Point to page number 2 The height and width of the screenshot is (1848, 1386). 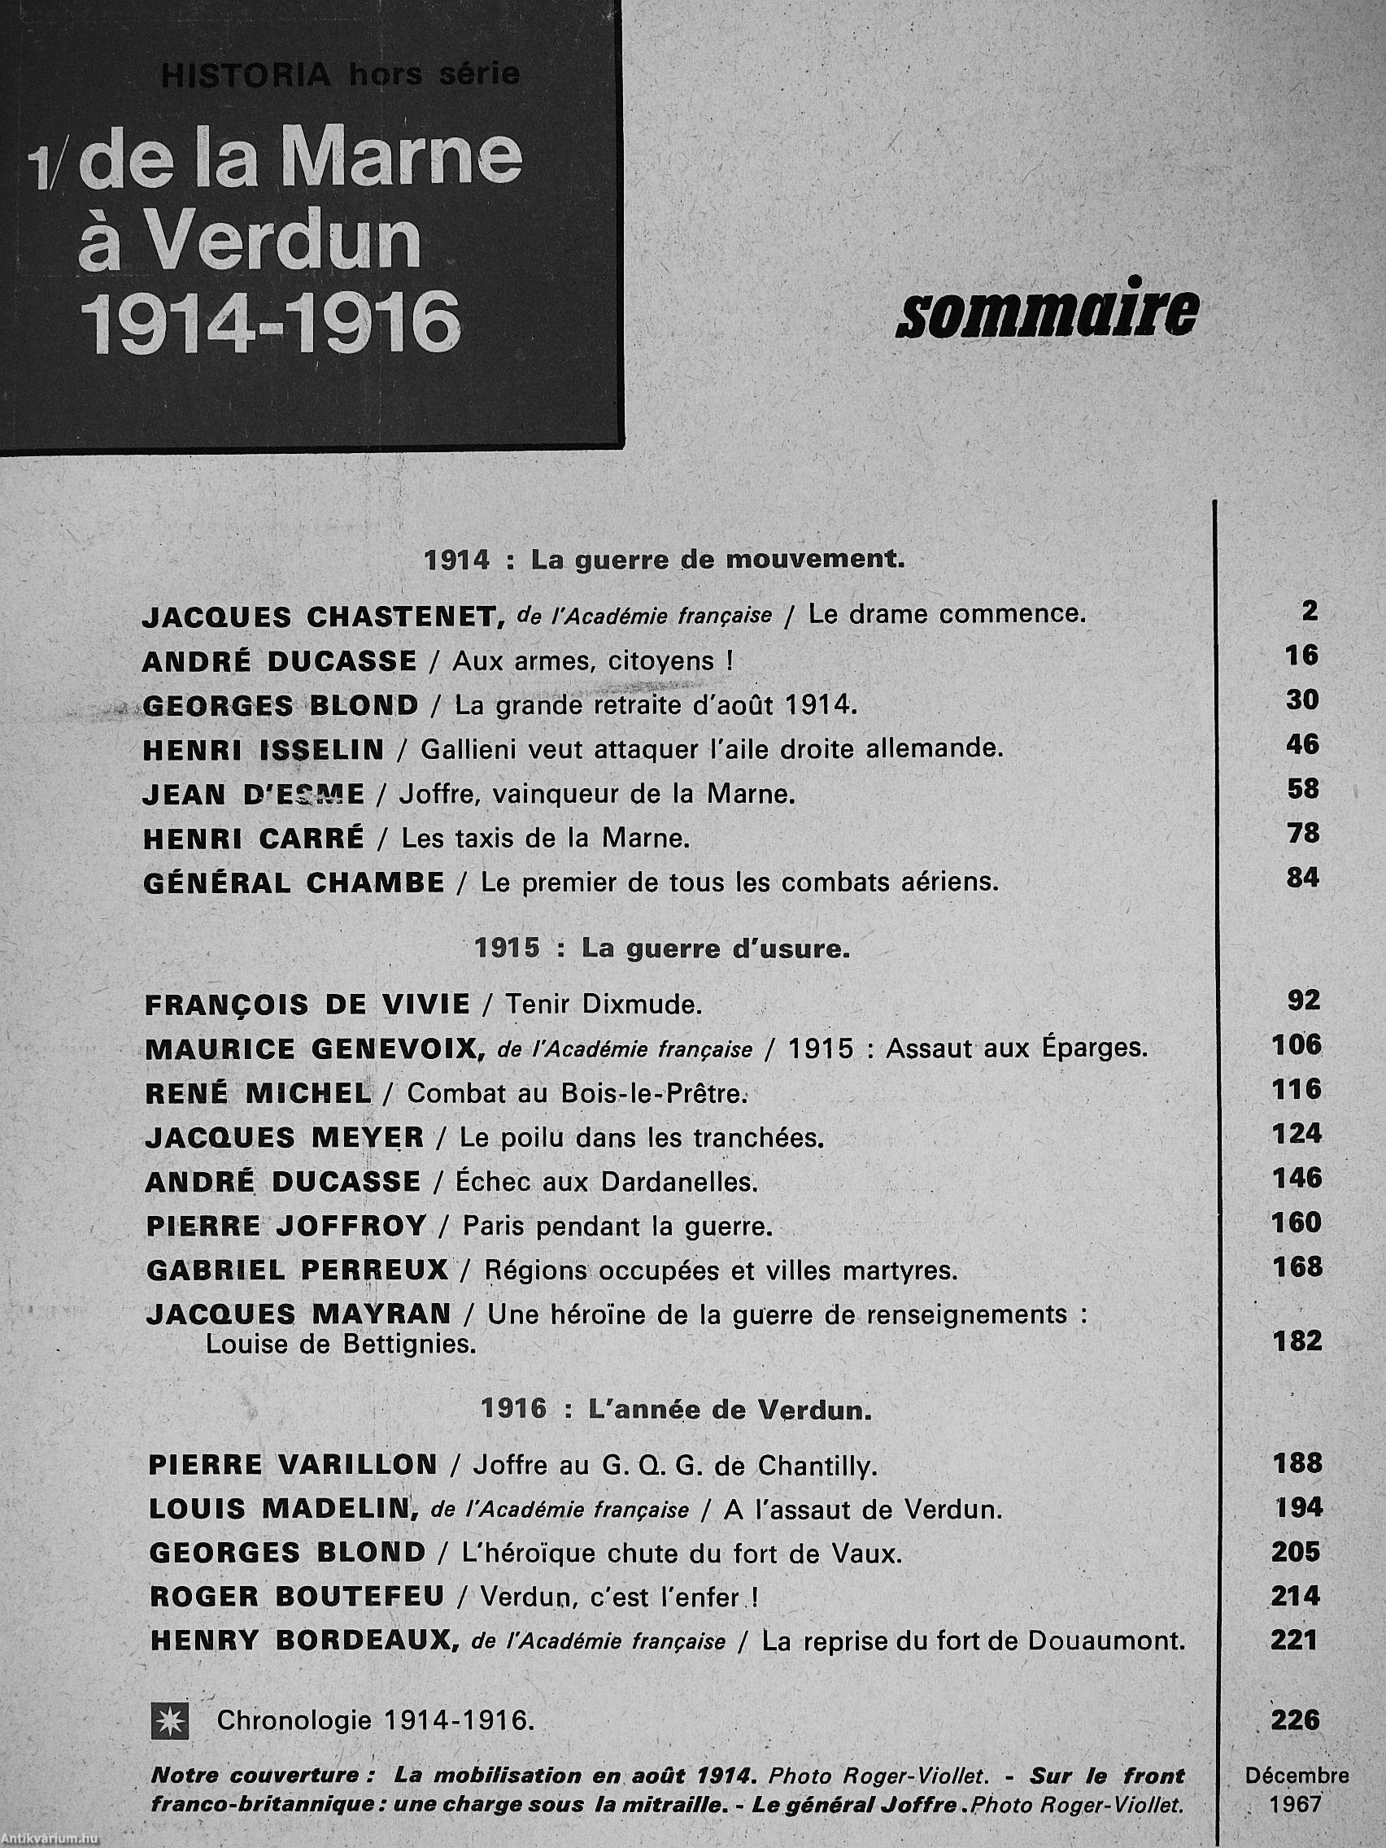[x=1310, y=611]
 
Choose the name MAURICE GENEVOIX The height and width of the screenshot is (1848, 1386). [x=314, y=1048]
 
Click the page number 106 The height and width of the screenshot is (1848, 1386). [x=1297, y=1044]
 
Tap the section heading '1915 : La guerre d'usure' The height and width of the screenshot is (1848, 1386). [x=661, y=949]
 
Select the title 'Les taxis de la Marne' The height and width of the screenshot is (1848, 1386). [x=545, y=838]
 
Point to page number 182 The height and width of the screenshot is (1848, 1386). [x=1297, y=1341]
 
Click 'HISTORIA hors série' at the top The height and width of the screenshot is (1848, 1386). [x=339, y=75]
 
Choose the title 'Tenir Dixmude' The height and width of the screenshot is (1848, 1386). [x=603, y=1005]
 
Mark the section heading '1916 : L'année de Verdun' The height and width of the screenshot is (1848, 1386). [x=677, y=1410]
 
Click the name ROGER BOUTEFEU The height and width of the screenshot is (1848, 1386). [x=297, y=1596]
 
